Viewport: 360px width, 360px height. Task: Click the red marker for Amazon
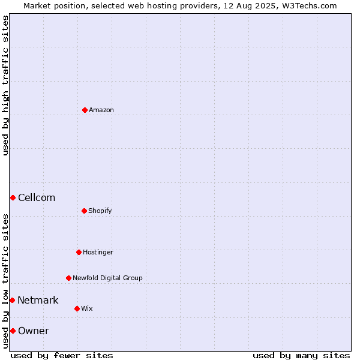click(x=85, y=110)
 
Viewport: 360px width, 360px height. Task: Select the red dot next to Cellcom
click(x=13, y=197)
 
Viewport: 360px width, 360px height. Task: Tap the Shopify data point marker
click(x=84, y=211)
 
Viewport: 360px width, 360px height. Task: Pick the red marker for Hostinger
click(x=79, y=253)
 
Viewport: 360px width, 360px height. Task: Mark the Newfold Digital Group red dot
click(x=68, y=278)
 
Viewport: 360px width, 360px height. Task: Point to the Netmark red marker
click(x=13, y=301)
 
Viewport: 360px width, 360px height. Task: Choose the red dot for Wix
click(x=77, y=308)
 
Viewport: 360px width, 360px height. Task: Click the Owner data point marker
click(x=13, y=331)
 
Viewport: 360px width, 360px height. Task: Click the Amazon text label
click(x=101, y=110)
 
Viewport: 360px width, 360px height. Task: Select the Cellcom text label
click(x=37, y=197)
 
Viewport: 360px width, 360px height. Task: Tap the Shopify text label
click(x=100, y=211)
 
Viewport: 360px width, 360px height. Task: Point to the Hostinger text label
click(x=98, y=253)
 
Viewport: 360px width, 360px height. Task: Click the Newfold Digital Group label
click(x=107, y=278)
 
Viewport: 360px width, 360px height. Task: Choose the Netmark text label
click(x=38, y=301)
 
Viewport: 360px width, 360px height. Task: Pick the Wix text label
click(x=87, y=308)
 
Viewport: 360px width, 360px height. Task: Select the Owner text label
click(x=34, y=331)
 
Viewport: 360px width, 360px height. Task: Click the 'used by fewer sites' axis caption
click(x=62, y=355)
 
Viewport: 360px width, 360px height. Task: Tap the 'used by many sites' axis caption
click(x=301, y=355)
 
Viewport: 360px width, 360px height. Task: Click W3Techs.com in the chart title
click(x=310, y=6)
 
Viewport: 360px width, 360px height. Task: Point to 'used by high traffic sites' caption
click(x=5, y=85)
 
